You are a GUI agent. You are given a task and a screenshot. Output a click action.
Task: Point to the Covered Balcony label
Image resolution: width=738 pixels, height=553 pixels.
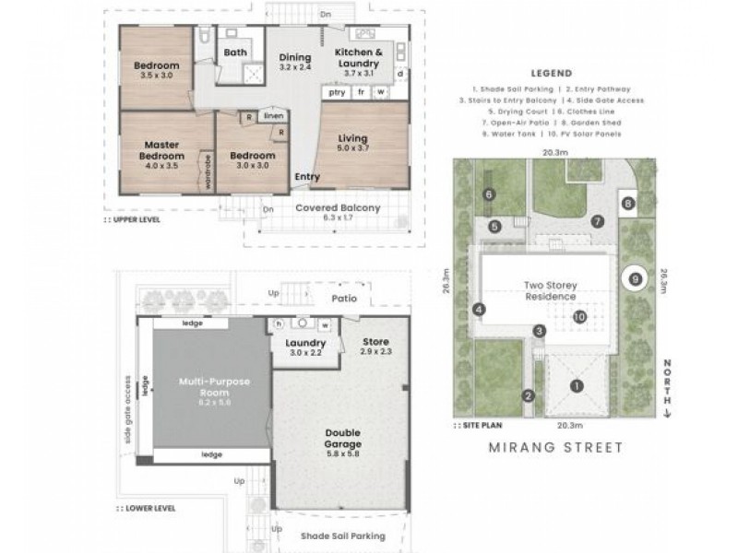(338, 208)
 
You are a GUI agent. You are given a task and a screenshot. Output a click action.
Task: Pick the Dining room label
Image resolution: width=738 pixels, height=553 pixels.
(295, 62)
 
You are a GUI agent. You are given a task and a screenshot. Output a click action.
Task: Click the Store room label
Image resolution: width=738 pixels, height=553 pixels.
(376, 346)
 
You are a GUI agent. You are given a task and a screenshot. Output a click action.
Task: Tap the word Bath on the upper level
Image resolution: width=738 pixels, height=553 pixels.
(235, 53)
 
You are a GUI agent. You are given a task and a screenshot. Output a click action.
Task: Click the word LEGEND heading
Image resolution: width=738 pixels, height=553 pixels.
(553, 74)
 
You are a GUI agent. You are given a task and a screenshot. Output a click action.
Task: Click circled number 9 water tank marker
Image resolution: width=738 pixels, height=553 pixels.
(635, 276)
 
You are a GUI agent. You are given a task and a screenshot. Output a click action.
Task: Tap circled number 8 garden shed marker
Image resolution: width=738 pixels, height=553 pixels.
(628, 203)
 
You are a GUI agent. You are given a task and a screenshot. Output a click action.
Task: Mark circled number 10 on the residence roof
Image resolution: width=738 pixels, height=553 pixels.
(579, 316)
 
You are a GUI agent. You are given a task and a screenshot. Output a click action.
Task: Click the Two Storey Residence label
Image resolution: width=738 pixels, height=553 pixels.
(551, 290)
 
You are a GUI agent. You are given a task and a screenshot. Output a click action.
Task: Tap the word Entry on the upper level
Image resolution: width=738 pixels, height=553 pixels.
(307, 176)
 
